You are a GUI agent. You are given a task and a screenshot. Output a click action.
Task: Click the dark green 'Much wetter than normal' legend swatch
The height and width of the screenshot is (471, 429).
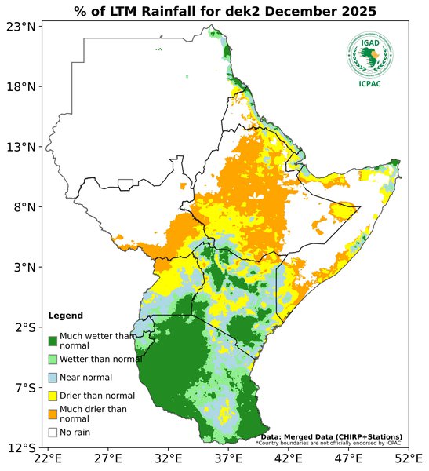click(x=53, y=341)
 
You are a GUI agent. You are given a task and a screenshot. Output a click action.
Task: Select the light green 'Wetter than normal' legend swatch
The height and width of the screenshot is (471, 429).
click(x=53, y=359)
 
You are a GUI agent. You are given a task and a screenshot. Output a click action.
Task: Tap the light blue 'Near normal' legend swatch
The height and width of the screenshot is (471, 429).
click(x=53, y=378)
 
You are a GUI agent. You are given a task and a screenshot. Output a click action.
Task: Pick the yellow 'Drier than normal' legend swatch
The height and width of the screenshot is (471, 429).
click(x=53, y=396)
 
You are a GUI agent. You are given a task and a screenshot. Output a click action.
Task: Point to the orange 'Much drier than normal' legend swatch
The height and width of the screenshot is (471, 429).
click(x=53, y=414)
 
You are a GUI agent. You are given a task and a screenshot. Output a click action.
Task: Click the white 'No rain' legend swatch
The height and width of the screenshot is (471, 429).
click(x=53, y=432)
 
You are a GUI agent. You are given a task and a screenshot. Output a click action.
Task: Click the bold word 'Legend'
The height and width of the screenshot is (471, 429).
click(x=65, y=316)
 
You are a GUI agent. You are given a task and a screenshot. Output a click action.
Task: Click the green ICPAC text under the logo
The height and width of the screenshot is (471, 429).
click(x=369, y=84)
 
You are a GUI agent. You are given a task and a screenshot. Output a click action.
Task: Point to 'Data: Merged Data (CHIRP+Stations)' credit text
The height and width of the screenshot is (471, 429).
click(x=331, y=436)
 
